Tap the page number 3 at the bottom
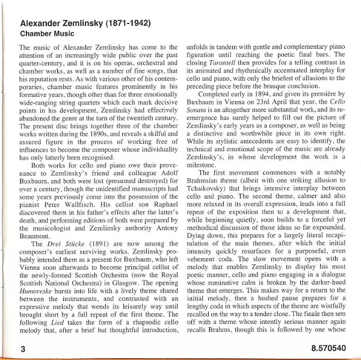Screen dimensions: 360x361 (x=22, y=348)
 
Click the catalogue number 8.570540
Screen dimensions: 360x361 (x=330, y=348)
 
